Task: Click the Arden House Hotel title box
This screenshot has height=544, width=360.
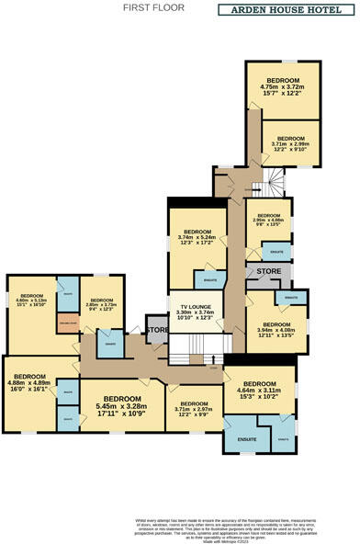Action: [284, 10]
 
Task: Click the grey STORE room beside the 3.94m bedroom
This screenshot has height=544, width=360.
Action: [268, 272]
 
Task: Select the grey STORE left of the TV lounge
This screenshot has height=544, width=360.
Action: [157, 329]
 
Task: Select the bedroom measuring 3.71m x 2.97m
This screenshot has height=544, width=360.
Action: [193, 407]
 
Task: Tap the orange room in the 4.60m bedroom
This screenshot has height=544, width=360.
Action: [67, 323]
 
